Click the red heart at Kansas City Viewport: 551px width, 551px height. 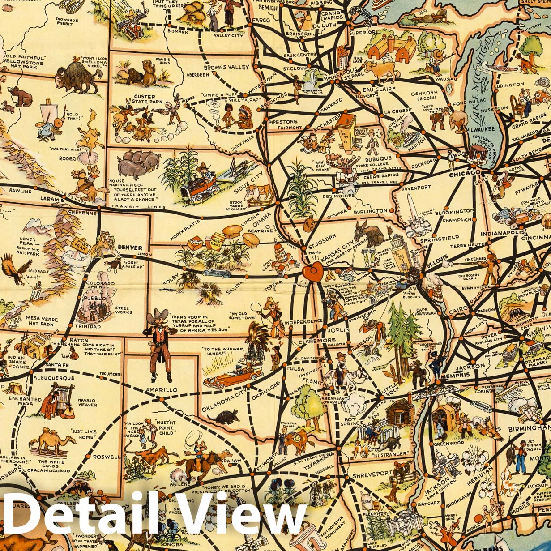click(312, 271)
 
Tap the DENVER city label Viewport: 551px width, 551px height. click(130, 248)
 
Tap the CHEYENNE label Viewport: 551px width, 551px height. click(82, 213)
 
